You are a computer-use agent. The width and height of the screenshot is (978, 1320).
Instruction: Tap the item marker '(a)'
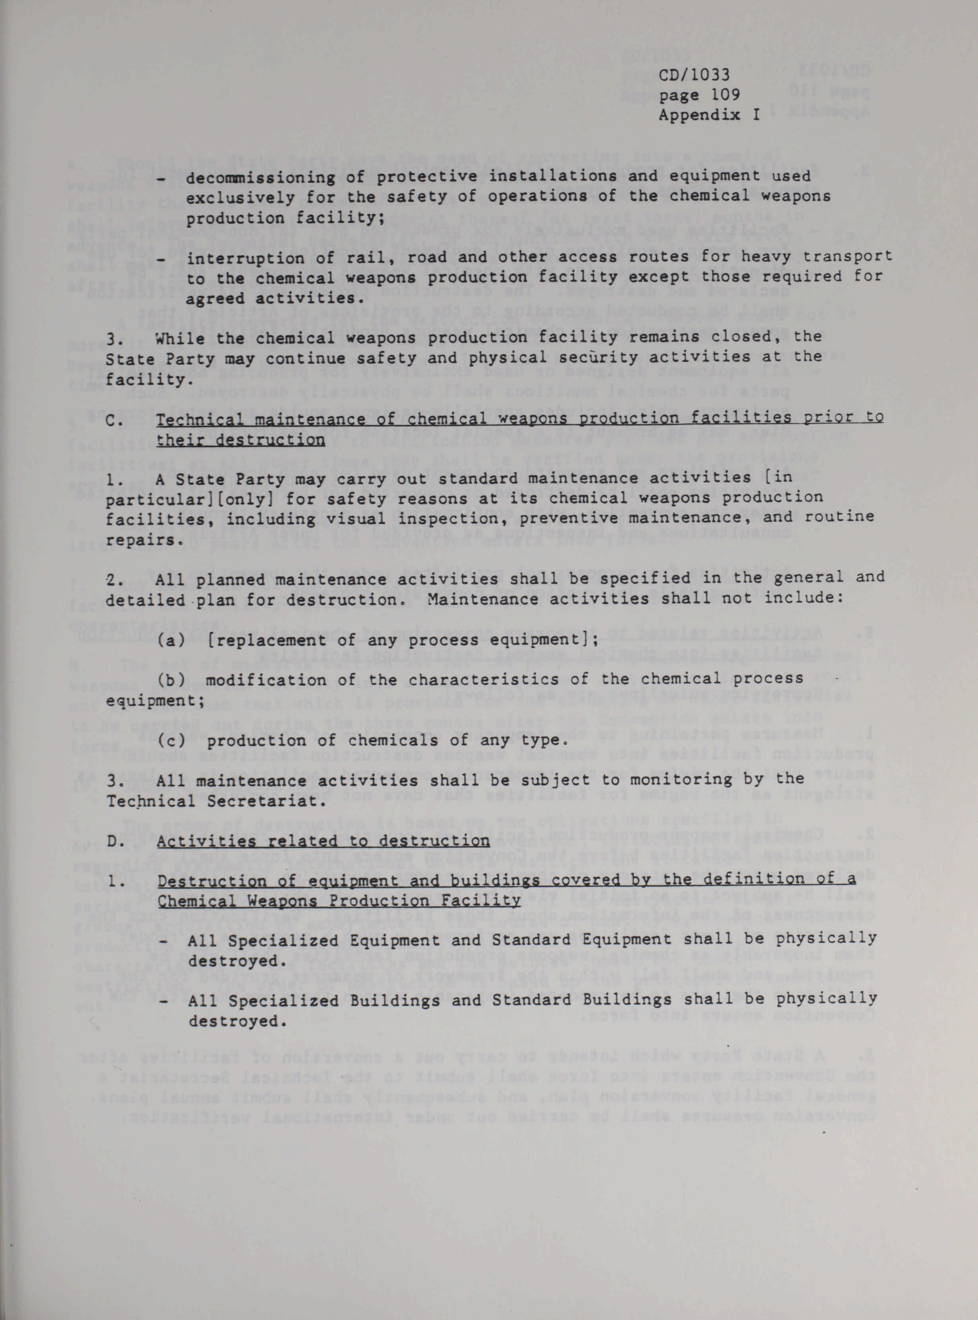[x=170, y=640]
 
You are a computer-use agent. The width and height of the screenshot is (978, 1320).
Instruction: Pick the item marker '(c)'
[x=170, y=740]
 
